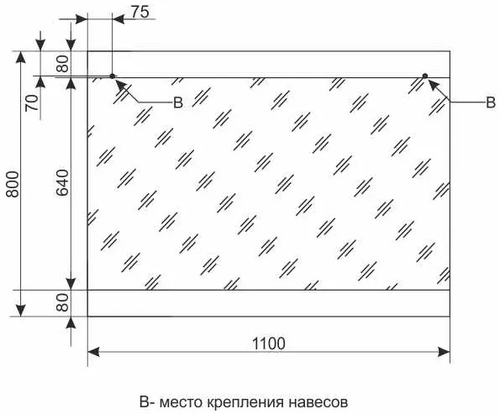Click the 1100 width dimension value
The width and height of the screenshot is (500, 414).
269,343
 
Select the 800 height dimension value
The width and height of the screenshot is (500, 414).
13,184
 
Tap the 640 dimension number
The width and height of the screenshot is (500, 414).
62,182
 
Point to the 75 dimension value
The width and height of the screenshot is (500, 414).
140,12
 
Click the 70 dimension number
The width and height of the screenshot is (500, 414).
32,102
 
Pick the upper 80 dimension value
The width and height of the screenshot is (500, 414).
62,64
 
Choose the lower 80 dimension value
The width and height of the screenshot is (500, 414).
62,302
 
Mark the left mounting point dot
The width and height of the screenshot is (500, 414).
113,76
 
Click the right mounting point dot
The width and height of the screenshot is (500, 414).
425,76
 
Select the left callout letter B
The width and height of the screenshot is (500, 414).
178,102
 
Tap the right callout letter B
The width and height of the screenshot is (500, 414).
491,102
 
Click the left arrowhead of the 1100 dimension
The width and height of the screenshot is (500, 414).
93,352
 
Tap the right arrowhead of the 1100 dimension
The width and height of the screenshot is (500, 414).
444,352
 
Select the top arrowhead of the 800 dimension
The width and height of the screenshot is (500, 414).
21,57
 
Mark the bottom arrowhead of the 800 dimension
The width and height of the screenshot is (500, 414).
21,311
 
